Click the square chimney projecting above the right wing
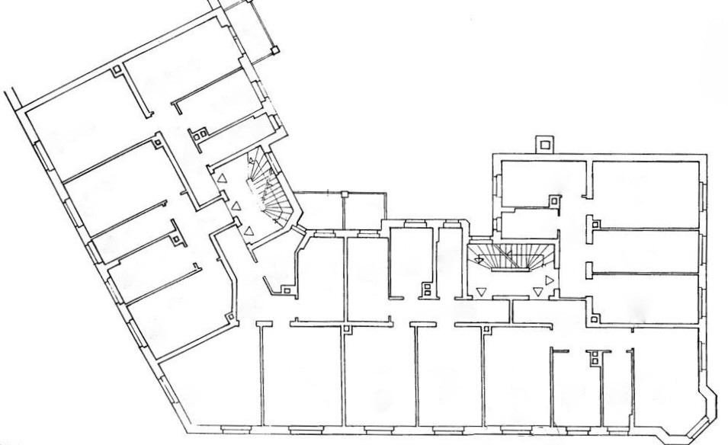coord(544,143)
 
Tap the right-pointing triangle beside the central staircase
coord(550,280)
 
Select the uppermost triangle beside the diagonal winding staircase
coord(222,178)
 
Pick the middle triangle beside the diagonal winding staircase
coord(236,204)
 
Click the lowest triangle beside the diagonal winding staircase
coord(249,230)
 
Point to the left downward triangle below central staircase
coord(481,290)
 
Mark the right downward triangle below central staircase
coord(538,291)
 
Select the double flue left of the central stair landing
coord(428,289)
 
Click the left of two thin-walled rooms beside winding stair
coord(318,210)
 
